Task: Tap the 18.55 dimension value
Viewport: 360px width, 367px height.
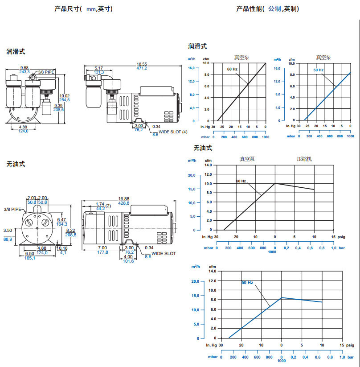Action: click(x=142, y=64)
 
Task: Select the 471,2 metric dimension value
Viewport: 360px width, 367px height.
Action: click(x=142, y=68)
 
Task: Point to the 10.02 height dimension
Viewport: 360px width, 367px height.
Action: click(x=65, y=95)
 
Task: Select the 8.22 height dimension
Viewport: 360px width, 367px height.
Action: click(x=70, y=230)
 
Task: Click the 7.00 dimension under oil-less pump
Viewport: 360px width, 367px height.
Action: click(x=102, y=247)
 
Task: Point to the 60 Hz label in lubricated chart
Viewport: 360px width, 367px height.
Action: click(x=232, y=69)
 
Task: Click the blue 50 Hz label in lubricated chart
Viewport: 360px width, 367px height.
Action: click(x=318, y=70)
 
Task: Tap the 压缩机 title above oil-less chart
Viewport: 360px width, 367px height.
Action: click(x=305, y=158)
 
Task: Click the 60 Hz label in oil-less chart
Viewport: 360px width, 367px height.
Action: click(x=241, y=181)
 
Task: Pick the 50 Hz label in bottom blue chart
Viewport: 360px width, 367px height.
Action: click(x=247, y=283)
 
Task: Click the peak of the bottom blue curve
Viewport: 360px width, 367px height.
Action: click(x=281, y=297)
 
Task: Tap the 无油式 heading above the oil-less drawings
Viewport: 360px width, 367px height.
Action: click(x=16, y=164)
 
